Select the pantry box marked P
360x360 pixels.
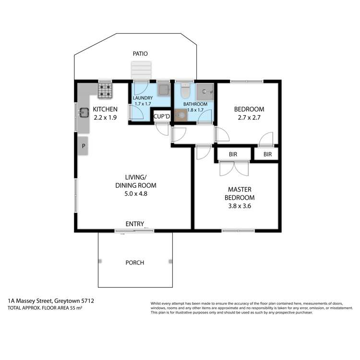[x=83, y=145]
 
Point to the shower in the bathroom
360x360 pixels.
[x=207, y=90]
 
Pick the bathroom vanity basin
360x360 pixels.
[x=181, y=115]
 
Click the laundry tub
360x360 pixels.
[x=164, y=89]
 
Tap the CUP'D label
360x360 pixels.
[x=161, y=116]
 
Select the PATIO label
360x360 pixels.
[x=141, y=54]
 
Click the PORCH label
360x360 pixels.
[x=134, y=263]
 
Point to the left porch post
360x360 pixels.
[x=100, y=261]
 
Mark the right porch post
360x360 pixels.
[x=170, y=261]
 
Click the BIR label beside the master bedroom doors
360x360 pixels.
[x=233, y=155]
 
